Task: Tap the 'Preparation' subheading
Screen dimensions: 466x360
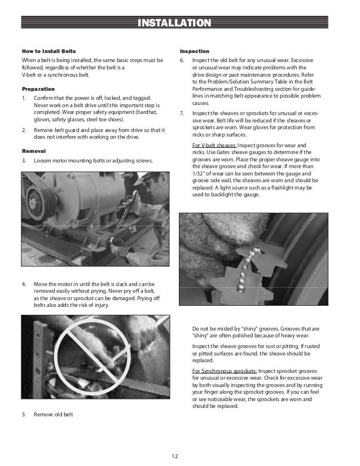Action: (38, 89)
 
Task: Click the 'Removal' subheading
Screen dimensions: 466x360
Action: (34, 151)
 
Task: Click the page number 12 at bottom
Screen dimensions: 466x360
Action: (179, 455)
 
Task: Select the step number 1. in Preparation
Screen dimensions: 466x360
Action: (25, 99)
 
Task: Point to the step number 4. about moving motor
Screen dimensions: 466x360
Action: (25, 284)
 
